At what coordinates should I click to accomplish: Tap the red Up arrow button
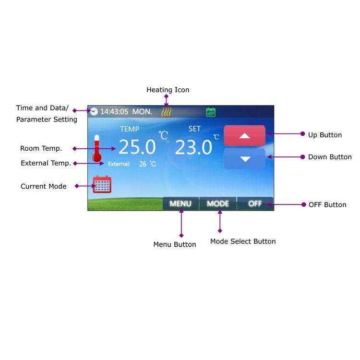click(x=244, y=135)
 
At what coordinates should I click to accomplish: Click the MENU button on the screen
click(x=180, y=204)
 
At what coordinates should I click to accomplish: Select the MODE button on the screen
click(x=218, y=204)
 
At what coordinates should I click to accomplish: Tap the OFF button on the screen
click(x=255, y=204)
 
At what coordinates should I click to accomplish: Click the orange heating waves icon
click(x=166, y=112)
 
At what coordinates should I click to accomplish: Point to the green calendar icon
click(x=211, y=112)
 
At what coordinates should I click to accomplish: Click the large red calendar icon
click(x=102, y=184)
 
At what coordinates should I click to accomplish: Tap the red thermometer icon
click(x=96, y=148)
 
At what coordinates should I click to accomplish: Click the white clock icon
click(x=94, y=111)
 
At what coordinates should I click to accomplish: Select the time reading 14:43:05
click(x=114, y=112)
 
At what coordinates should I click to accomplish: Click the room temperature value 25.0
click(x=137, y=147)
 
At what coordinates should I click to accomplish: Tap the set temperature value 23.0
click(x=193, y=147)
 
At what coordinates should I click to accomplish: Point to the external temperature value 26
click(x=143, y=164)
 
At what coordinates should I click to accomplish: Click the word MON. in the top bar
click(x=142, y=112)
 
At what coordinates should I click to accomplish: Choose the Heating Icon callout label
click(x=168, y=90)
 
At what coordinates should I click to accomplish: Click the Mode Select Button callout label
click(x=243, y=241)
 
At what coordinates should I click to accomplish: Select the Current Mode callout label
click(x=43, y=186)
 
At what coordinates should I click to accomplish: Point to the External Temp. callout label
click(x=46, y=163)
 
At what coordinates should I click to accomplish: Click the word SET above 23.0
click(x=194, y=129)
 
